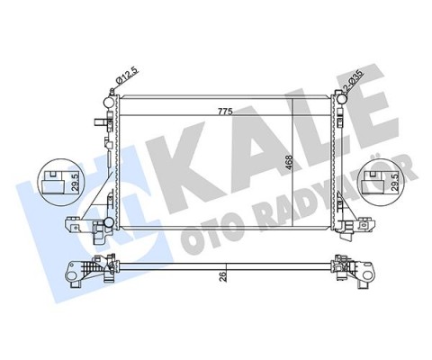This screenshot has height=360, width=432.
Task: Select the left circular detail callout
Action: point(58,184)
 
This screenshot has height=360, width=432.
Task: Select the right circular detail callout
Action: point(380,184)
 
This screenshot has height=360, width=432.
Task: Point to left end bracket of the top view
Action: point(90,270)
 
